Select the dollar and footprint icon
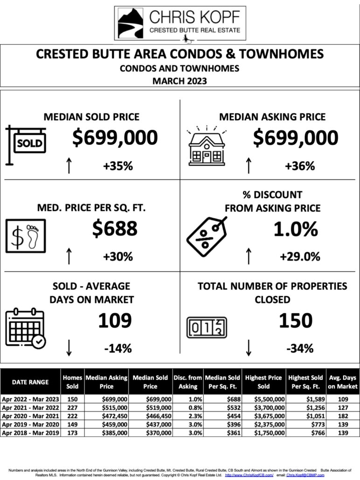pos(26,235)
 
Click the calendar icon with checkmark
pos(26,328)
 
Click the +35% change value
pos(118,165)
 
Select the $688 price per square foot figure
pos(115,228)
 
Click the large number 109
pos(115,321)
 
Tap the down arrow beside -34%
pos(249,347)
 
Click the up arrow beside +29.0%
pos(249,256)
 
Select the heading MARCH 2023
pos(180,81)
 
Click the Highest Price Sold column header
pos(263,382)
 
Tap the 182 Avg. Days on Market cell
pos(342,417)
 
